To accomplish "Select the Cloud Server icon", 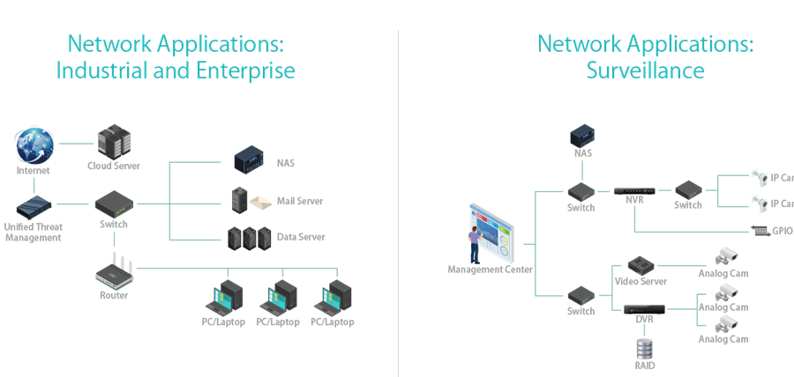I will click(x=112, y=141).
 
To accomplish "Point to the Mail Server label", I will click(x=300, y=201).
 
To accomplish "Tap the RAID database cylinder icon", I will click(x=645, y=347).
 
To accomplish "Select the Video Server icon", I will click(x=641, y=264).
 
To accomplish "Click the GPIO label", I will click(x=782, y=232).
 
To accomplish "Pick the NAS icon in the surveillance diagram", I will click(x=583, y=134).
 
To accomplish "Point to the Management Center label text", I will click(x=490, y=269).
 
